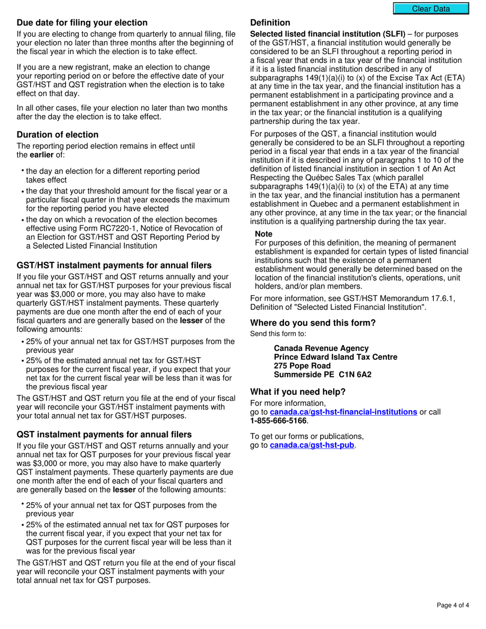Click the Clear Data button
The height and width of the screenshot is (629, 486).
click(x=431, y=9)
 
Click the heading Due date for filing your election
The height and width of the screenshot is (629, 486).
click(x=82, y=23)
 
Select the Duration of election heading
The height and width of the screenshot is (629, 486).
click(x=57, y=134)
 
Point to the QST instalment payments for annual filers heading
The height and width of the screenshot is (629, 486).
click(x=104, y=434)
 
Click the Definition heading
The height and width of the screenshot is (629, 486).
click(x=270, y=23)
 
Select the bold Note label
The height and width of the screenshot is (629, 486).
click(x=263, y=234)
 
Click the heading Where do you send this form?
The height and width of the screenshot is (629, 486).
click(x=313, y=323)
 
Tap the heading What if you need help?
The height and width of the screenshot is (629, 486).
click(x=298, y=392)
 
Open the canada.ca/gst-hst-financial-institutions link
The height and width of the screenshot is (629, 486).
click(x=343, y=412)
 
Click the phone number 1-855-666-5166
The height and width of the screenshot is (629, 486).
click(x=278, y=421)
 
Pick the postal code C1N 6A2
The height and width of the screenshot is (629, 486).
click(x=355, y=374)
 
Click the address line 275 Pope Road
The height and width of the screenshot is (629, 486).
click(x=302, y=366)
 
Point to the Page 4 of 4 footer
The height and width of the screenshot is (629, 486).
click(x=453, y=605)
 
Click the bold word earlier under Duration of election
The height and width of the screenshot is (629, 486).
click(x=41, y=155)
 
